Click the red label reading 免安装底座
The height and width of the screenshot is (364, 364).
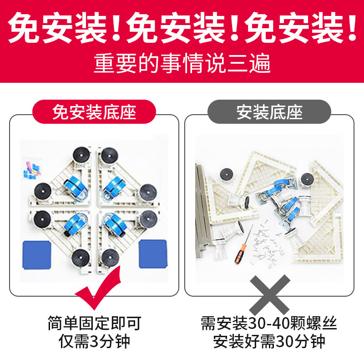point(94,112)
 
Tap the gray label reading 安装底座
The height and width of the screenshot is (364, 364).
point(269,112)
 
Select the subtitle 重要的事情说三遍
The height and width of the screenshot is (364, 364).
point(182,64)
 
